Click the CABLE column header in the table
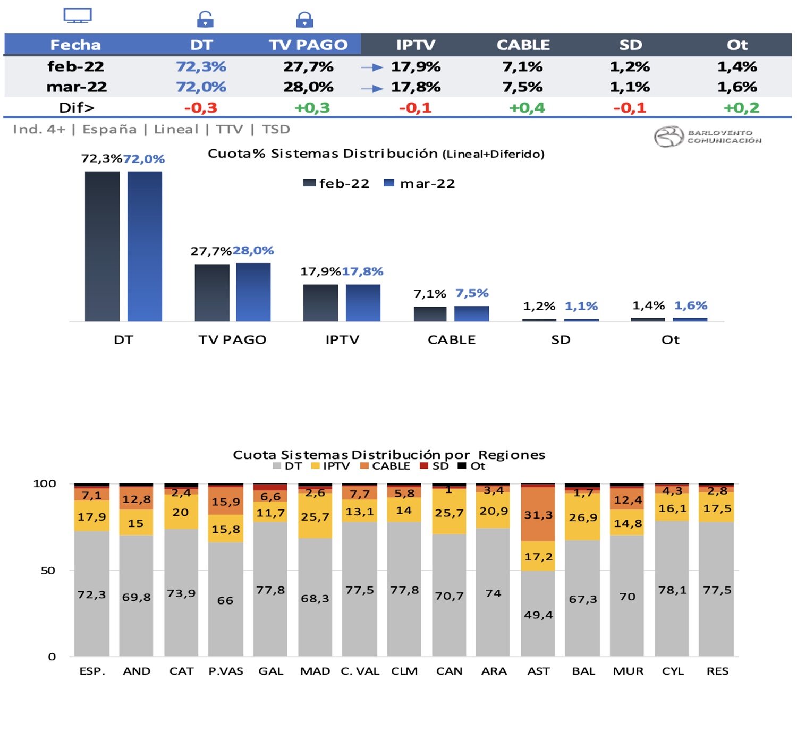pyautogui.click(x=523, y=45)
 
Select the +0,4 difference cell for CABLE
pyautogui.click(x=527, y=108)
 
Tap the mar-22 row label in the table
pyautogui.click(x=77, y=87)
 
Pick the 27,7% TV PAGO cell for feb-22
pyautogui.click(x=308, y=66)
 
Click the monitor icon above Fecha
pyautogui.click(x=78, y=16)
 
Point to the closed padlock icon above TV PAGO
pyautogui.click(x=304, y=20)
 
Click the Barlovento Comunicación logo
pyautogui.click(x=707, y=137)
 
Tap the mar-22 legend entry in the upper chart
pyautogui.click(x=420, y=183)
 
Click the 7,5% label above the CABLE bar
pyautogui.click(x=472, y=293)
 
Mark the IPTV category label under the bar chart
pyautogui.click(x=342, y=340)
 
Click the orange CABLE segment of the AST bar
pyautogui.click(x=538, y=514)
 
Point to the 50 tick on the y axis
pyautogui.click(x=48, y=571)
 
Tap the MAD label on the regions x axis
pyautogui.click(x=315, y=671)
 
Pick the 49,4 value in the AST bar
pyautogui.click(x=538, y=615)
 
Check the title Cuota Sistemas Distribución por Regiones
pyautogui.click(x=389, y=455)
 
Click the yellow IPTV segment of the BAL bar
pyautogui.click(x=583, y=517)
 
